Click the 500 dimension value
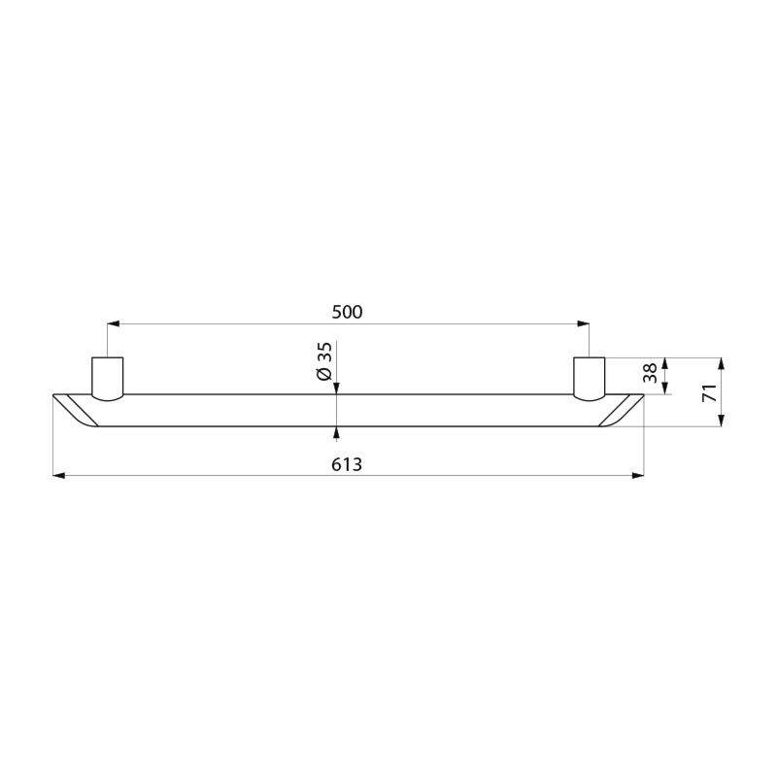coord(347,312)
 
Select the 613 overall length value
coord(347,464)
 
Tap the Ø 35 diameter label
coord(325,360)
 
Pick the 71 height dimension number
coord(709,392)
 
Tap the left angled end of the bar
coord(75,409)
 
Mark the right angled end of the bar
coord(621,409)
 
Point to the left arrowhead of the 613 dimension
coord(57,475)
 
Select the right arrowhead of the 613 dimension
coord(638,475)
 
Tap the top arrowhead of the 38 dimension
coord(665,363)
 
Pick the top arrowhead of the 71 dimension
coord(722,364)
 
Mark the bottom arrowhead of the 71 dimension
coord(722,420)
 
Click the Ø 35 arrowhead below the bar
coord(336,430)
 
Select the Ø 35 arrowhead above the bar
coord(336,388)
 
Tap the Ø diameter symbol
coord(325,374)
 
